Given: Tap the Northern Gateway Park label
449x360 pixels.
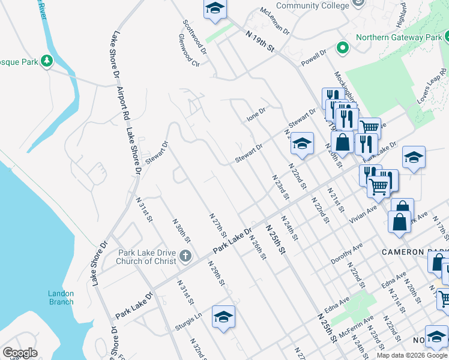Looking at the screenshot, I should pyautogui.click(x=398, y=37).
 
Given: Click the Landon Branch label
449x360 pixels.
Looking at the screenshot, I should pyautogui.click(x=61, y=298).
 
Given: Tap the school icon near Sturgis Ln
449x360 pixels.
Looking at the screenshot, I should pyautogui.click(x=223, y=317).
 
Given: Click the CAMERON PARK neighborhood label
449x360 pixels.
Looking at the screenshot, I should pyautogui.click(x=415, y=252).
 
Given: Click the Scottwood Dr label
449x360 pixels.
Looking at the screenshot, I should pyautogui.click(x=194, y=37).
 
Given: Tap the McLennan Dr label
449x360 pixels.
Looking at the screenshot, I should pyautogui.click(x=275, y=21).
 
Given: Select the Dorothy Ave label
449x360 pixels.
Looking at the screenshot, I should pyautogui.click(x=347, y=254).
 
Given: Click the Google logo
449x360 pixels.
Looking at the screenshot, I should pyautogui.click(x=20, y=353).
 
